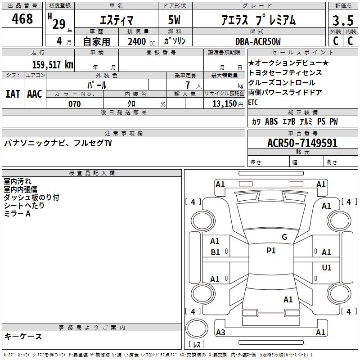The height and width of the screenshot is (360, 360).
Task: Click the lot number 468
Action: pyautogui.click(x=22, y=19)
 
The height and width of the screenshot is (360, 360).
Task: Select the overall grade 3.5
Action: pyautogui.click(x=343, y=21)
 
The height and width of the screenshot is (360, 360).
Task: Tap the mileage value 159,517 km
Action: pyautogui.click(x=53, y=65)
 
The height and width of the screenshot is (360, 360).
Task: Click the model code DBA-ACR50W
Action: pyautogui.click(x=258, y=41)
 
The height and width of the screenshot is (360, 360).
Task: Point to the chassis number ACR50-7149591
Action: pyautogui.click(x=302, y=143)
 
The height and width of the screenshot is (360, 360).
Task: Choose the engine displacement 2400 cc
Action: pyautogui.click(x=141, y=41)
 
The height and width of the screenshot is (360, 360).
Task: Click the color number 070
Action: pyautogui.click(x=75, y=104)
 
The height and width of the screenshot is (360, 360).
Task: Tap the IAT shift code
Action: pyautogui.click(x=13, y=94)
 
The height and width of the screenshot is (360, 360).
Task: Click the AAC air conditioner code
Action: pyautogui.click(x=35, y=94)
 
